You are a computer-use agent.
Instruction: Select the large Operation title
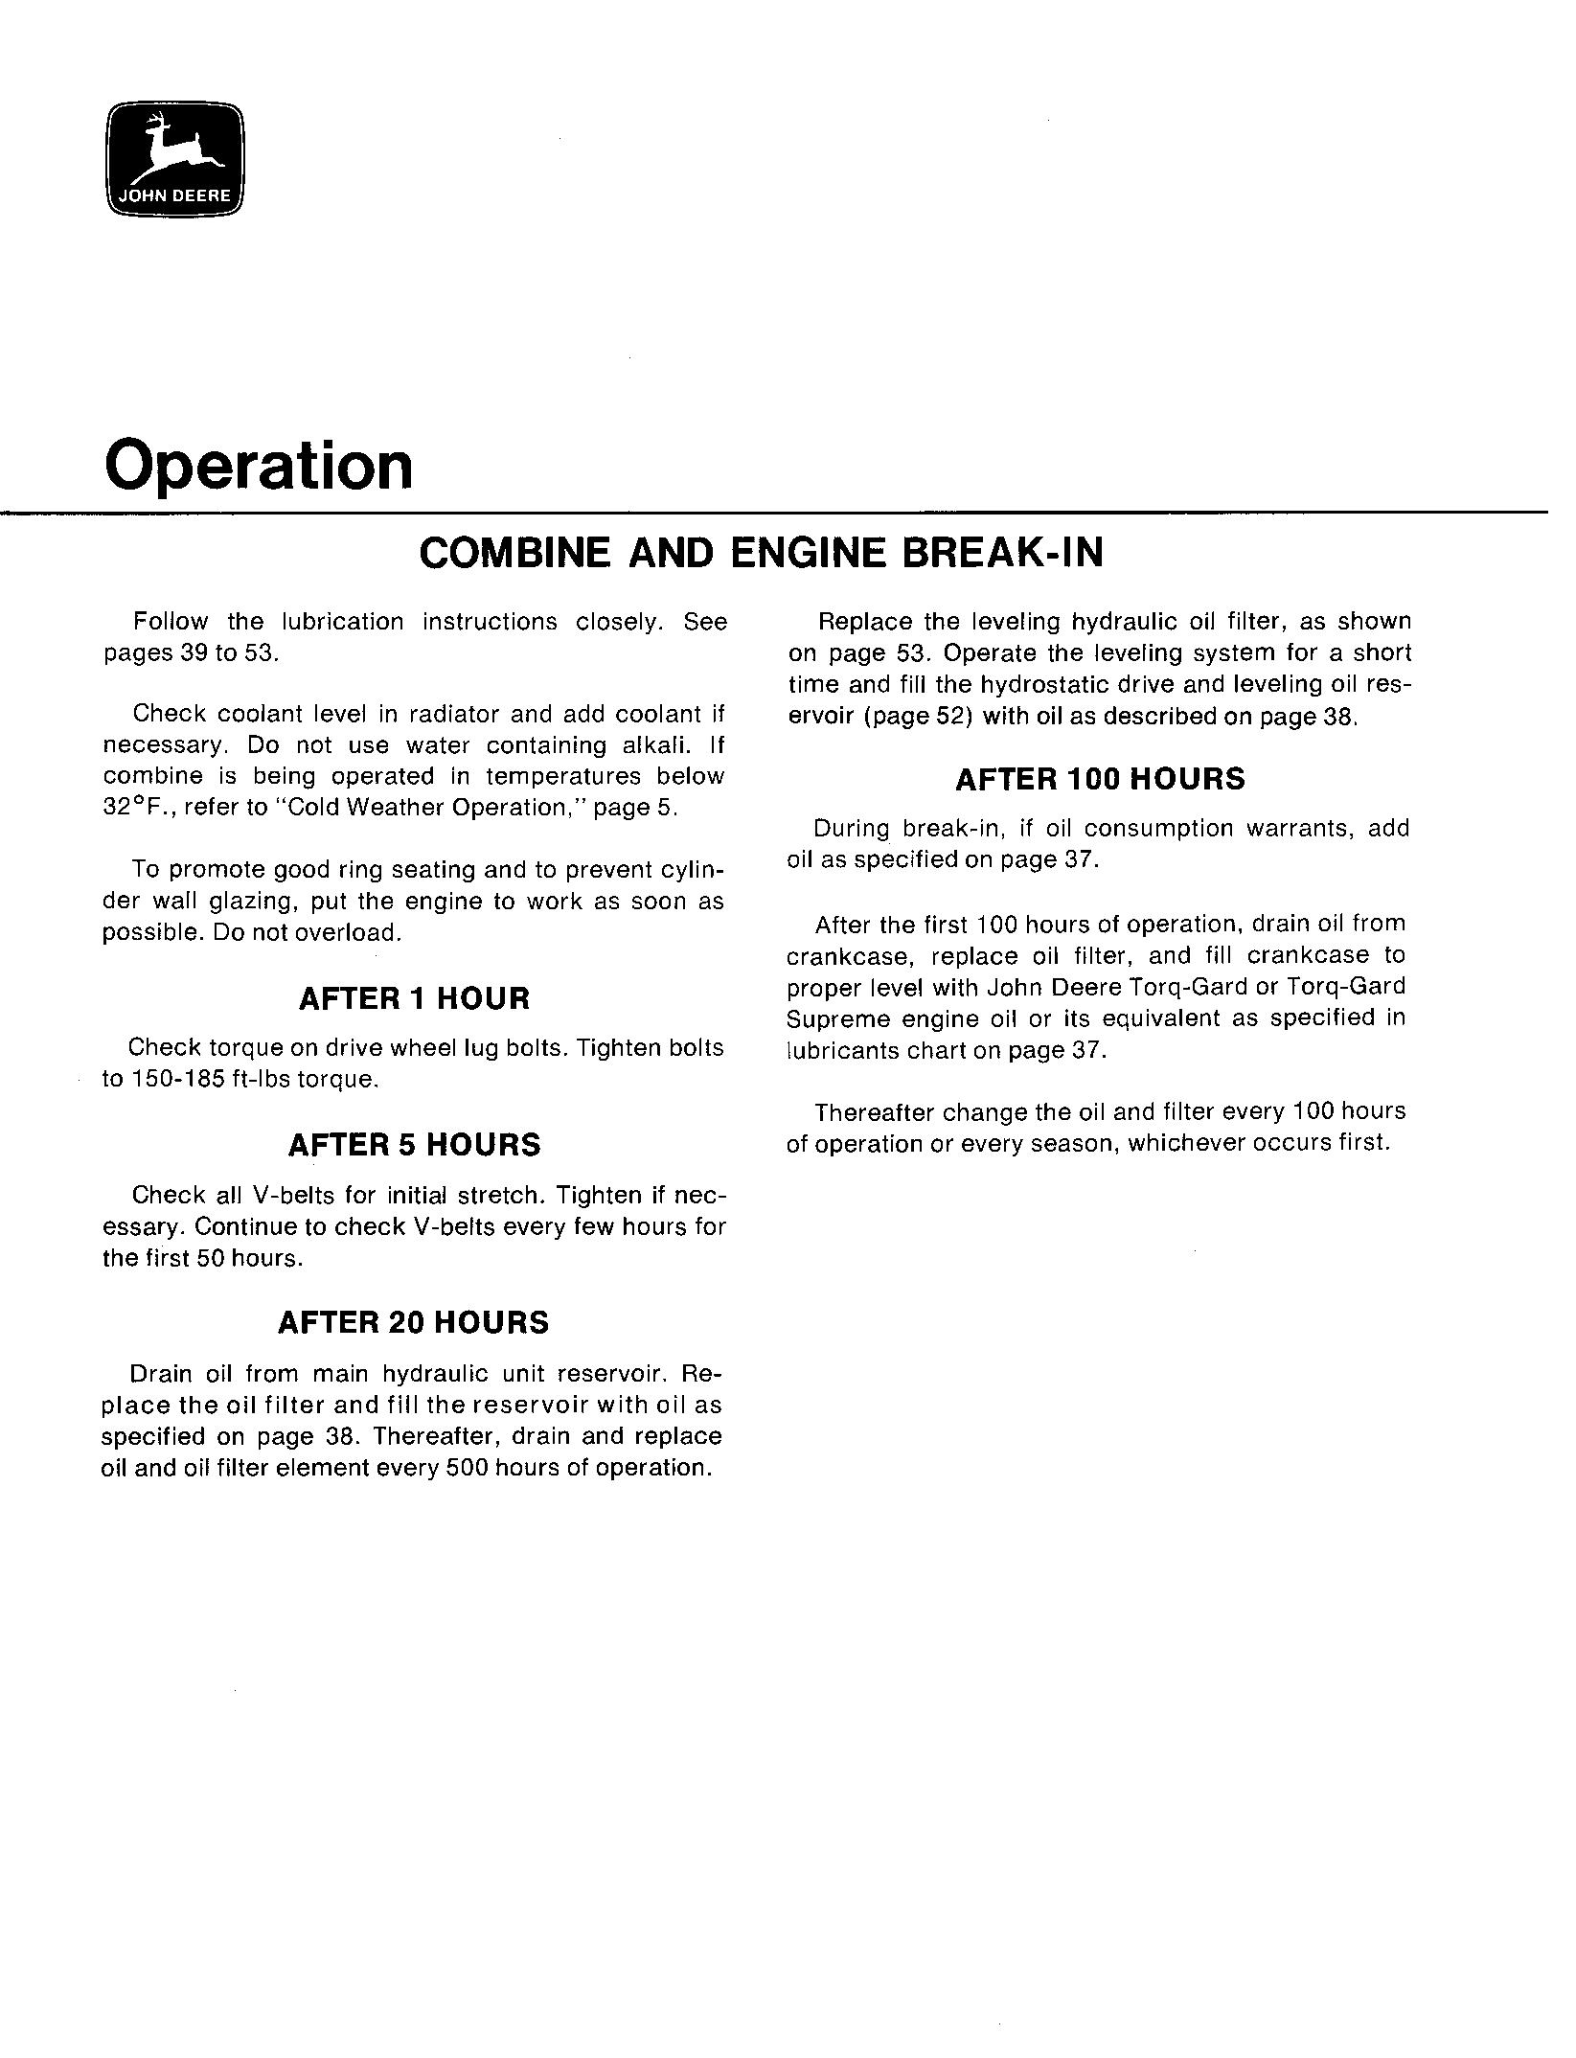259,466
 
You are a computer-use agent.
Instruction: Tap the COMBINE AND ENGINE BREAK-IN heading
762,553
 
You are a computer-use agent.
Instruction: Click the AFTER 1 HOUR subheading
414,998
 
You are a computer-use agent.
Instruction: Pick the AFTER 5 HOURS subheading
414,1145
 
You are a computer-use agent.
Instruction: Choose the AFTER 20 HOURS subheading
413,1323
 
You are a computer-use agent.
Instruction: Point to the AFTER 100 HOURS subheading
1100,779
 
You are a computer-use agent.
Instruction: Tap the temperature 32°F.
136,808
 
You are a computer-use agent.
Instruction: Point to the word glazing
252,902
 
